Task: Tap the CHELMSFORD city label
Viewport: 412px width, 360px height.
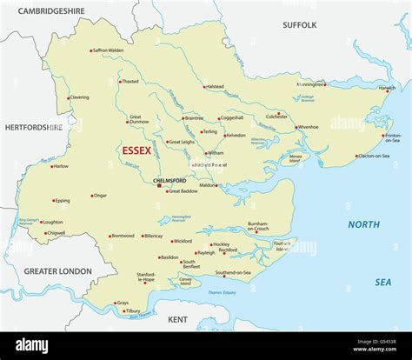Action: (x=169, y=180)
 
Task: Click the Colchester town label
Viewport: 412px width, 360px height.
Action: (x=276, y=116)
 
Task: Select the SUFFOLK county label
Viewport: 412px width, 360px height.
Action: (x=300, y=25)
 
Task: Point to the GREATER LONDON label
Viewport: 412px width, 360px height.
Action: (x=56, y=271)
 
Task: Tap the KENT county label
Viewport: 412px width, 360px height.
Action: (x=177, y=319)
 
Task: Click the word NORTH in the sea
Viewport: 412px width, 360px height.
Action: (x=364, y=224)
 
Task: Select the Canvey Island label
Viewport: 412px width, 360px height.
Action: (x=185, y=281)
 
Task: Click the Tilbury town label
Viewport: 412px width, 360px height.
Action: (x=132, y=311)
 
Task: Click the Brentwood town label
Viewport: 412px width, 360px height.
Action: (x=123, y=236)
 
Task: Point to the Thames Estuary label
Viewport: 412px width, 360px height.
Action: (x=229, y=293)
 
